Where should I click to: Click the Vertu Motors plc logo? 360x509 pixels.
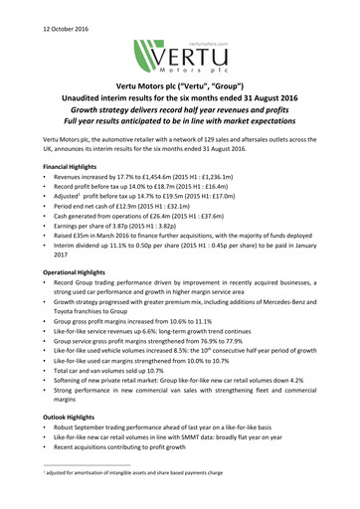point(179,61)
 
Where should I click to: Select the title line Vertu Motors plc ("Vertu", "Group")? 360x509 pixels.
point(179,102)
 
